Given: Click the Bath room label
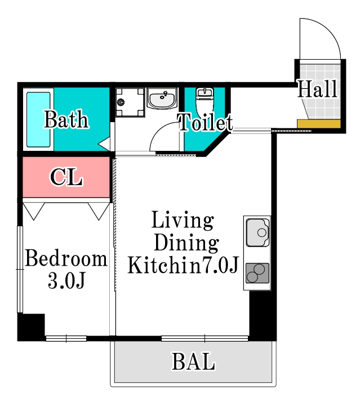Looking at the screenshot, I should click(x=66, y=120).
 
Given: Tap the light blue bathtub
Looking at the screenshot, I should click(x=38, y=119).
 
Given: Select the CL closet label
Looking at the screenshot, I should click(x=66, y=177).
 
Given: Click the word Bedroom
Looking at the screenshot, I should click(x=66, y=259).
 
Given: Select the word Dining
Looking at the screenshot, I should click(x=186, y=243).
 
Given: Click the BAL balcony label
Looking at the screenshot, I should click(x=193, y=362).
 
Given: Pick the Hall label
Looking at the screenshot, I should click(x=317, y=89).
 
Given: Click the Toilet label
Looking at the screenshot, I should click(x=205, y=122).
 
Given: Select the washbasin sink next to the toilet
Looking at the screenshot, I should click(x=162, y=99).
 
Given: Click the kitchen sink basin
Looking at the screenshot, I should click(x=257, y=232).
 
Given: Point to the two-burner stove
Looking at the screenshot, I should click(x=257, y=274).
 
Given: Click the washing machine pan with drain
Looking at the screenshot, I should click(x=129, y=102).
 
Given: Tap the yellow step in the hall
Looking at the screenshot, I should click(x=319, y=124).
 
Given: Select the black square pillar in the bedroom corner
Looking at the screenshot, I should click(x=31, y=326).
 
